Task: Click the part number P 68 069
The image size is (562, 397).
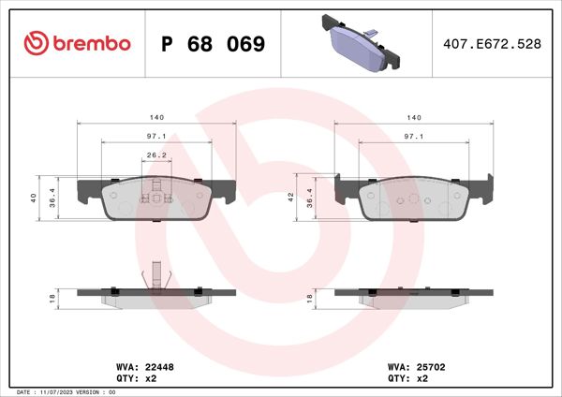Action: [214, 44]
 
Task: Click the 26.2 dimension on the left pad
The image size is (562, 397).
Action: [156, 155]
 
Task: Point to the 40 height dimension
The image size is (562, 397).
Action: [34, 198]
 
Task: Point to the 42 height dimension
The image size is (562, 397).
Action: [291, 197]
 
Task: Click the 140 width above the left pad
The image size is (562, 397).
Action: [156, 117]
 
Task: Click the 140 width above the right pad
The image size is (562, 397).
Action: [413, 117]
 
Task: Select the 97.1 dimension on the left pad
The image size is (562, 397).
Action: [156, 137]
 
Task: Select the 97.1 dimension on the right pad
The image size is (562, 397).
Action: [413, 137]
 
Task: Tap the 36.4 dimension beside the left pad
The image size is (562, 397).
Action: [52, 198]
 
